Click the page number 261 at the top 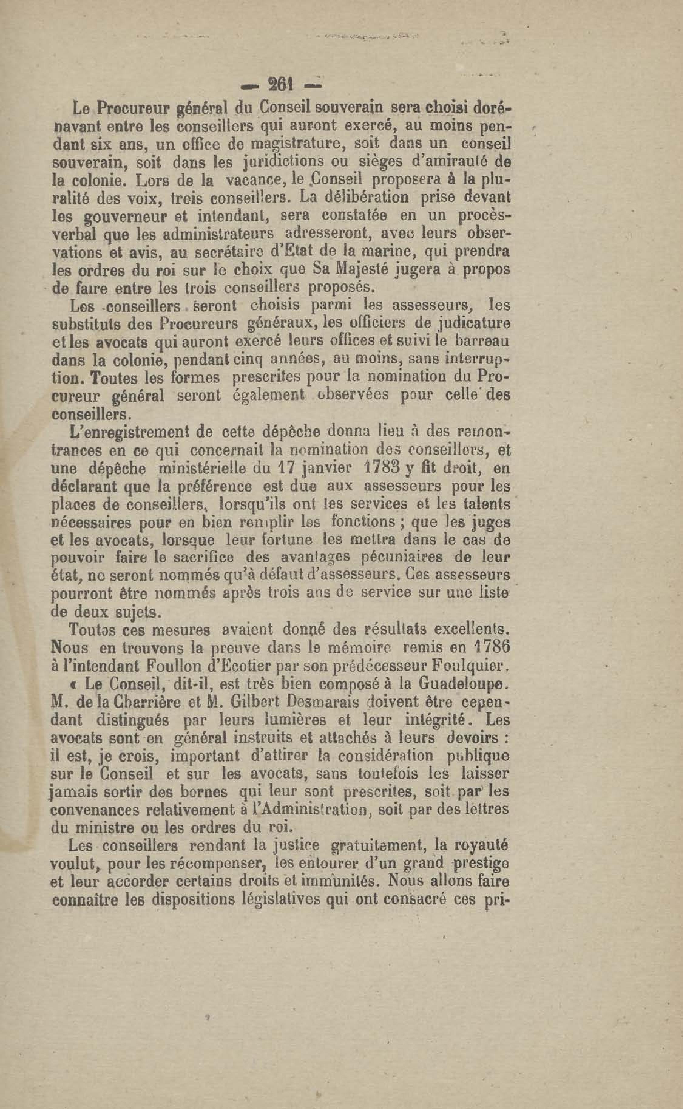[x=281, y=84]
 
